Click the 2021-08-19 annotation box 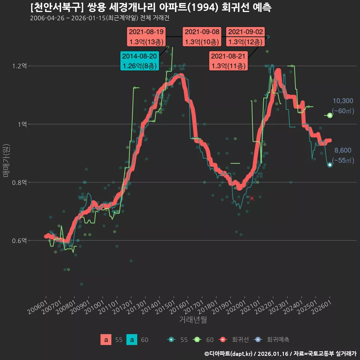point(146,37)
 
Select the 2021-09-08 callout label point(202,37)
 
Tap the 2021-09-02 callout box point(245,37)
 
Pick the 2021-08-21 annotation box point(228,61)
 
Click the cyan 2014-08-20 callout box point(139,61)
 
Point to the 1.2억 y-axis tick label point(19,66)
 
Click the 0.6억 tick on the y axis point(19,241)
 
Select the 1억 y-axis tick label point(22,124)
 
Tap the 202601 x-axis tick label point(322,307)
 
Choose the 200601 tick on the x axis point(37,307)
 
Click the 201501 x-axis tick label point(165,307)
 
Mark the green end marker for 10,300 point(330,115)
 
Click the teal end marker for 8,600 point(330,165)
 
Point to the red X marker point(252,198)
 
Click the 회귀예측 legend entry point(271,340)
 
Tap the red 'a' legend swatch point(106,340)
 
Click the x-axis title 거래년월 point(193,319)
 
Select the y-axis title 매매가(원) point(6,160)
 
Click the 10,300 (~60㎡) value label point(343,106)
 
